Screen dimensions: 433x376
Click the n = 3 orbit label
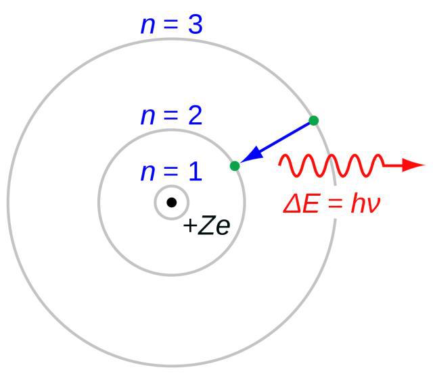pyautogui.click(x=172, y=25)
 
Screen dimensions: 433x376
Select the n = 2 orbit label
pyautogui.click(x=172, y=116)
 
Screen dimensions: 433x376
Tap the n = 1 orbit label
pyautogui.click(x=172, y=172)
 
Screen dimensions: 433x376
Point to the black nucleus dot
pyautogui.click(x=171, y=203)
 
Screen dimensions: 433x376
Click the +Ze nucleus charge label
pyautogui.click(x=206, y=225)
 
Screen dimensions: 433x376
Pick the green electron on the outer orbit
pyautogui.click(x=314, y=121)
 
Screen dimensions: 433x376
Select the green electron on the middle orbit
pyautogui.click(x=235, y=166)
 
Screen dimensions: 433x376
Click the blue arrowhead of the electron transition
pyautogui.click(x=252, y=155)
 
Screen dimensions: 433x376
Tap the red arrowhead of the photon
pyautogui.click(x=413, y=165)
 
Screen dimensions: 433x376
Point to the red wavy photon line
pyautogui.click(x=332, y=165)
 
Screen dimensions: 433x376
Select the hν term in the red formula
pyautogui.click(x=365, y=204)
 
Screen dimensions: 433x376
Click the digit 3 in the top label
pyautogui.click(x=196, y=25)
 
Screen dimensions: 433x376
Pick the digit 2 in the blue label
pyautogui.click(x=196, y=116)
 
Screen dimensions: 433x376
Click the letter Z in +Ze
pyautogui.click(x=206, y=225)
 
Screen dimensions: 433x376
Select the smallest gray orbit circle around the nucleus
pyautogui.click(x=171, y=186)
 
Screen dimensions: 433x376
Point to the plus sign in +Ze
pyautogui.click(x=190, y=225)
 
